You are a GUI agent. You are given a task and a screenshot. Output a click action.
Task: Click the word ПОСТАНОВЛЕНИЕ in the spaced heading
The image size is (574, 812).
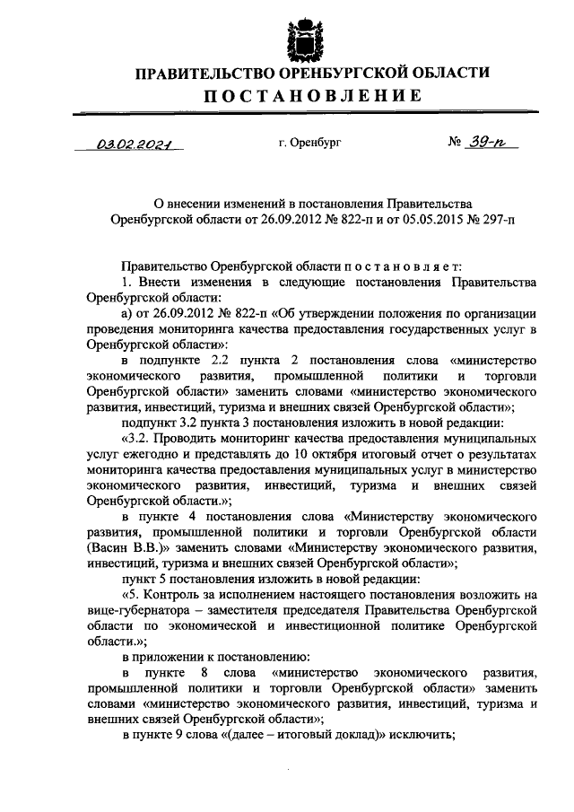pos(300,95)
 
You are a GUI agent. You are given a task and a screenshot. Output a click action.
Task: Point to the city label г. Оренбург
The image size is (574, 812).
pos(309,143)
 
